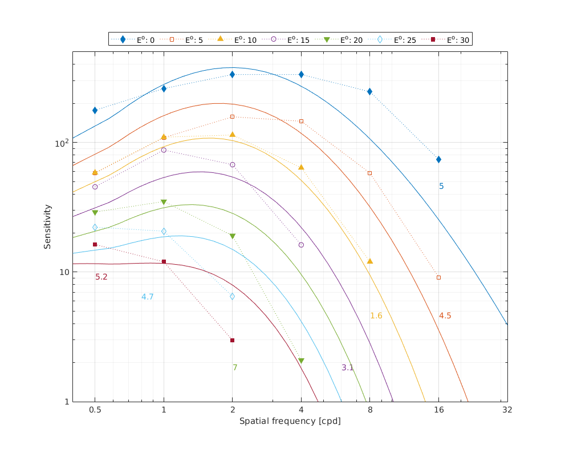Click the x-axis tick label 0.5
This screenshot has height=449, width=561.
click(95, 410)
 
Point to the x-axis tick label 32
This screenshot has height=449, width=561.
click(507, 410)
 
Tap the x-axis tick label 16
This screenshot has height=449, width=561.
click(438, 410)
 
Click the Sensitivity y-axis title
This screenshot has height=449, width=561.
click(48, 227)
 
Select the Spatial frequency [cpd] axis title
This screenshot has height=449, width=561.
click(290, 421)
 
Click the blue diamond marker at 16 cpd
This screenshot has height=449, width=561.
click(438, 159)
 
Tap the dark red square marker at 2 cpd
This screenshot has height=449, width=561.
click(232, 340)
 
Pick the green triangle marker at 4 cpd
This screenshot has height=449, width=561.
click(301, 361)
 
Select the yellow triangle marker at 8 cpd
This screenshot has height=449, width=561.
click(369, 261)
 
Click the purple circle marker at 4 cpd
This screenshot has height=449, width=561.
click(301, 245)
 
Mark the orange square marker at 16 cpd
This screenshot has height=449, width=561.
click(438, 277)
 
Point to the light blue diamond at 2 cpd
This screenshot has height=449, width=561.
click(232, 296)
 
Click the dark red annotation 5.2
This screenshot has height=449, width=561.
click(101, 277)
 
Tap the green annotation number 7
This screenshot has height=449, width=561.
click(235, 367)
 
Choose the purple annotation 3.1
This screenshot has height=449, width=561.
click(348, 367)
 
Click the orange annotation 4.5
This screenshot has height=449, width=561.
click(445, 315)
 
